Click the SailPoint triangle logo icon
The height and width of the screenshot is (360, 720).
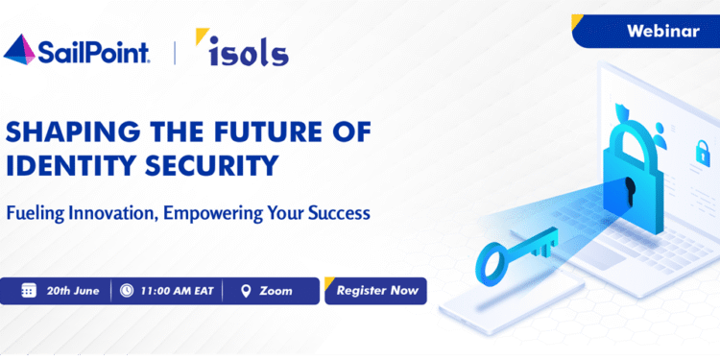[x=22, y=49]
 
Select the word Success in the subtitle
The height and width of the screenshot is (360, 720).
[x=336, y=212]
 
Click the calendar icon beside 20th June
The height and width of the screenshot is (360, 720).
[x=28, y=291]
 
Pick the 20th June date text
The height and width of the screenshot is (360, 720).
[x=73, y=291]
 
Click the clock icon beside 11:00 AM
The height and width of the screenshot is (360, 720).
[x=128, y=291]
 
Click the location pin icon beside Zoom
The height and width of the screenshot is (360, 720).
[x=245, y=291]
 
